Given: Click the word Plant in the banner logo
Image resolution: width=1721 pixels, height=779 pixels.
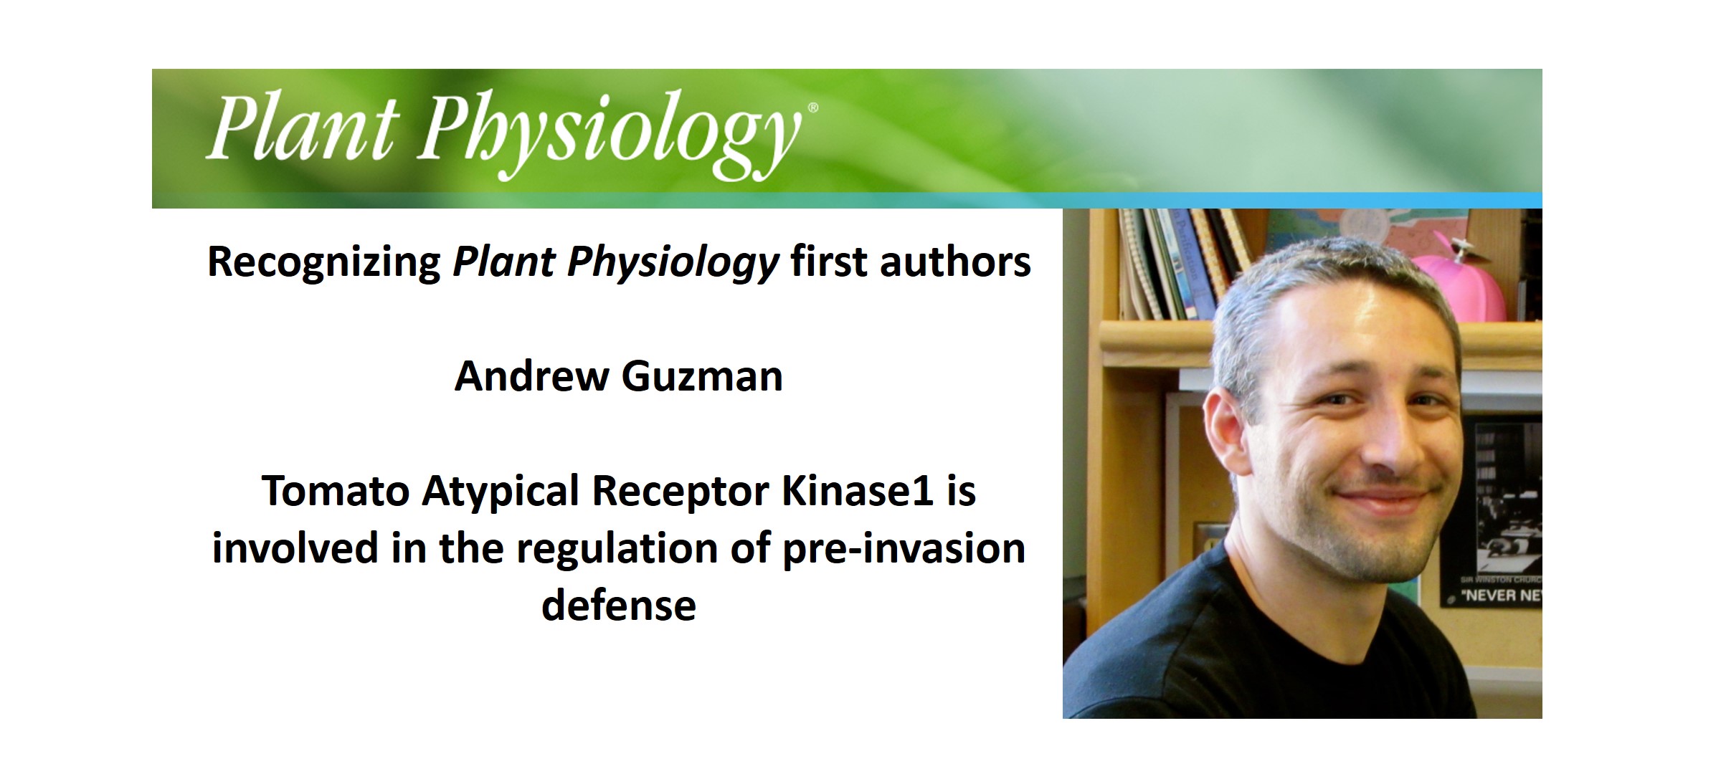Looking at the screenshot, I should (301, 129).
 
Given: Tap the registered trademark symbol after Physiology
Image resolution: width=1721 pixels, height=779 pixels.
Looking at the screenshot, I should (812, 108).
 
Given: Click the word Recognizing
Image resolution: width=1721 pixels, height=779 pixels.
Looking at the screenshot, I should (324, 262).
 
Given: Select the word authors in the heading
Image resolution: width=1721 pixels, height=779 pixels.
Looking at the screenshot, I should (955, 261).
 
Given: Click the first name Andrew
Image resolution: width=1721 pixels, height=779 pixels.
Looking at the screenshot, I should (531, 376).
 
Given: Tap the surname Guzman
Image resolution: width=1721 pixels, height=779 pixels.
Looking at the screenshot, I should (702, 376).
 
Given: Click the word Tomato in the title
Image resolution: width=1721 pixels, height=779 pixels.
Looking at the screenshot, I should (335, 492).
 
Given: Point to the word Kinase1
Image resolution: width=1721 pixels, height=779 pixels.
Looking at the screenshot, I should (857, 492).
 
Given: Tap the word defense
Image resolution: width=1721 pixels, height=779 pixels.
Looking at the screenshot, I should (618, 606).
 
